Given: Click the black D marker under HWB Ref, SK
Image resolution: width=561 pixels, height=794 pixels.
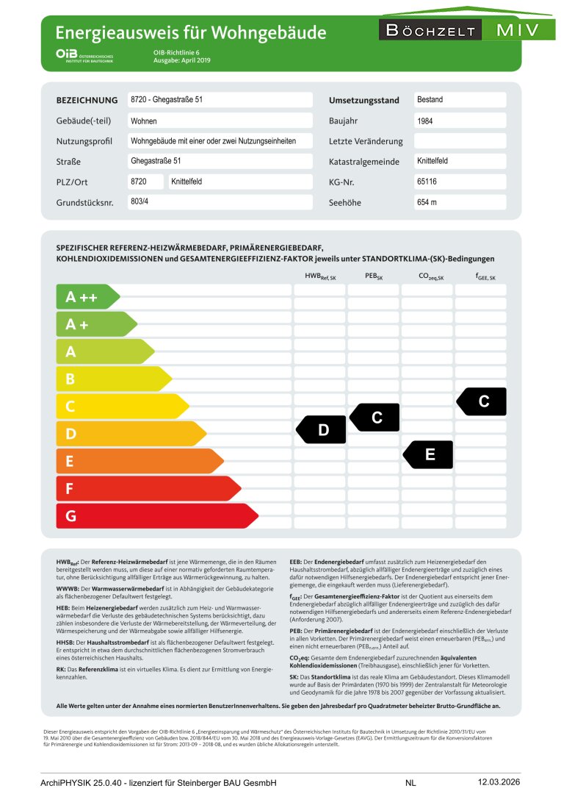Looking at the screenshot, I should (322, 430).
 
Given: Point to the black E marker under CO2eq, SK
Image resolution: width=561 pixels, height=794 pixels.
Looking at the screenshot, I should (429, 455).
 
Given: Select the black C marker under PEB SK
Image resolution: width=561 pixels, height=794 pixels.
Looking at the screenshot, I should (375, 418).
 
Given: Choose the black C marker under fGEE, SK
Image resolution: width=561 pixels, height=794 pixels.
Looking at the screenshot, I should (482, 401).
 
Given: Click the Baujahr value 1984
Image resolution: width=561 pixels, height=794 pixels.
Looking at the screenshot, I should (424, 121).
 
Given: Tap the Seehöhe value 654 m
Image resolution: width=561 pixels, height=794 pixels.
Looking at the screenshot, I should (427, 202).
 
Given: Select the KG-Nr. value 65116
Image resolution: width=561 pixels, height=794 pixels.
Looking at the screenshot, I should (427, 182).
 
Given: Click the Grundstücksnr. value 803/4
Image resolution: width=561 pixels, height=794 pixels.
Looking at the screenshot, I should (140, 201).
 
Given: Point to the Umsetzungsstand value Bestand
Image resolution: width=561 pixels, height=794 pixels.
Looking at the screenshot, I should (430, 99).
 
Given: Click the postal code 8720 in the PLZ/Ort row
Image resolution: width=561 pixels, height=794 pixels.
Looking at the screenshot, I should (139, 181).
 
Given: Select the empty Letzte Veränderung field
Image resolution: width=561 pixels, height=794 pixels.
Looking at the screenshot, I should (460, 141).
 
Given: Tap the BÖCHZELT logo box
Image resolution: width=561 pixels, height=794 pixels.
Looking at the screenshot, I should (430, 30).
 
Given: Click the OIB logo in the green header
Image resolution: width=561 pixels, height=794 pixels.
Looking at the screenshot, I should (84, 55).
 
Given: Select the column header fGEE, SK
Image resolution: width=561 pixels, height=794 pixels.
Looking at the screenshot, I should (485, 276).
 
